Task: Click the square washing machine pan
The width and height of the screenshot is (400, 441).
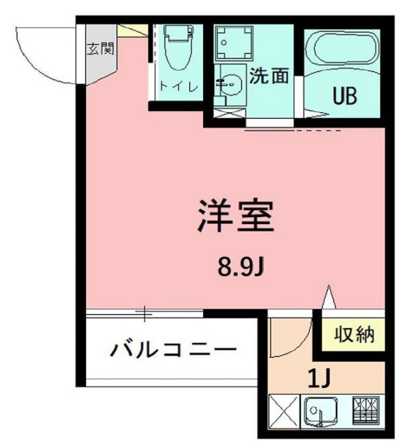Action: point(233,43)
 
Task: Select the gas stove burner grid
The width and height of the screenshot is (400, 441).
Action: point(366,412)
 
